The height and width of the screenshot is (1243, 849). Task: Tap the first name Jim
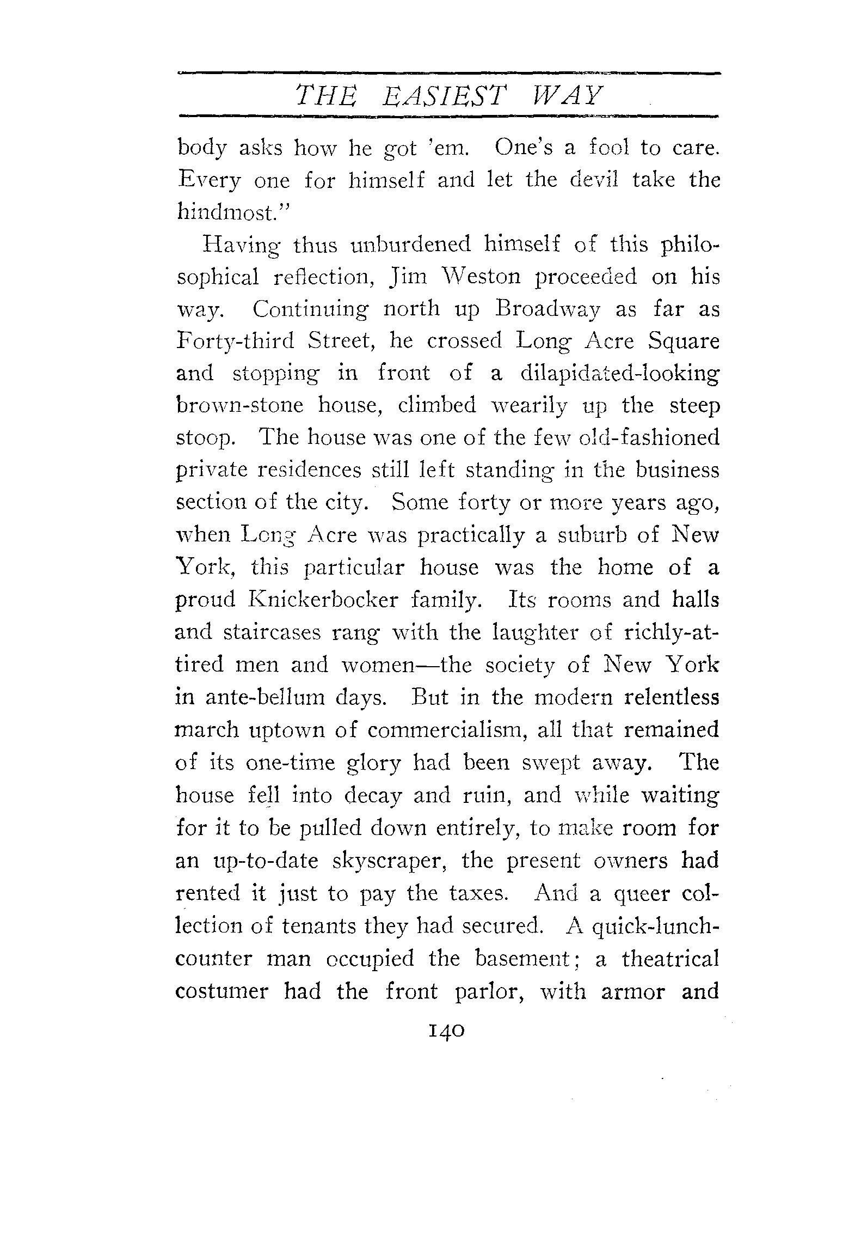click(399, 278)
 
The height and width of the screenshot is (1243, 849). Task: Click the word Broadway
click(547, 309)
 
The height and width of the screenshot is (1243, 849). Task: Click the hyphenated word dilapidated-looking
click(620, 374)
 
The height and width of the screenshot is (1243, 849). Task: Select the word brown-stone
click(239, 406)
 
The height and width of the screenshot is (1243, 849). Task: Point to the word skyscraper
click(400, 861)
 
